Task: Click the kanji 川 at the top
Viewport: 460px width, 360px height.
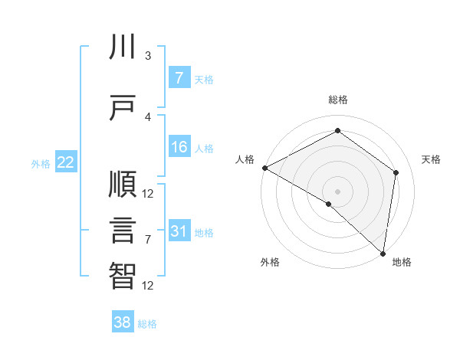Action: point(123,47)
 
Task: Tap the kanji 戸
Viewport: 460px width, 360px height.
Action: point(123,108)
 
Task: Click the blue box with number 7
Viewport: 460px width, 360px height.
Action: point(179,78)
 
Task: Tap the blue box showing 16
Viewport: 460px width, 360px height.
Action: point(179,148)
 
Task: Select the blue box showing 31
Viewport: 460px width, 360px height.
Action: point(179,231)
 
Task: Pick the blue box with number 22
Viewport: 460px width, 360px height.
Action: point(66,162)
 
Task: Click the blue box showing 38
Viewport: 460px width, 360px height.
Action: point(123,322)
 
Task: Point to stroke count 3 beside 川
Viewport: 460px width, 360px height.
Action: point(148,55)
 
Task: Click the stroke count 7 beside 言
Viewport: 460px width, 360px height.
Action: point(148,240)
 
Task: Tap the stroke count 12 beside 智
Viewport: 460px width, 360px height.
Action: point(148,286)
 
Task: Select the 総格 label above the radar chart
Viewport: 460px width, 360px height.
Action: point(337,100)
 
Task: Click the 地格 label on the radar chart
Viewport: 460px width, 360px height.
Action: point(401,262)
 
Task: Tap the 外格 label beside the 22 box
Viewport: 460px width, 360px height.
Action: point(41,163)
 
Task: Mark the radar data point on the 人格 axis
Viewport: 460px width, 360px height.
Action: point(264,168)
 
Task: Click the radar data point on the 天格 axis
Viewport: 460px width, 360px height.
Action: point(396,172)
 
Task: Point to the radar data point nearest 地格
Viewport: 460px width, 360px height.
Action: point(383,253)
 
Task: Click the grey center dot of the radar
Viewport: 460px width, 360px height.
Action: point(337,191)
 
